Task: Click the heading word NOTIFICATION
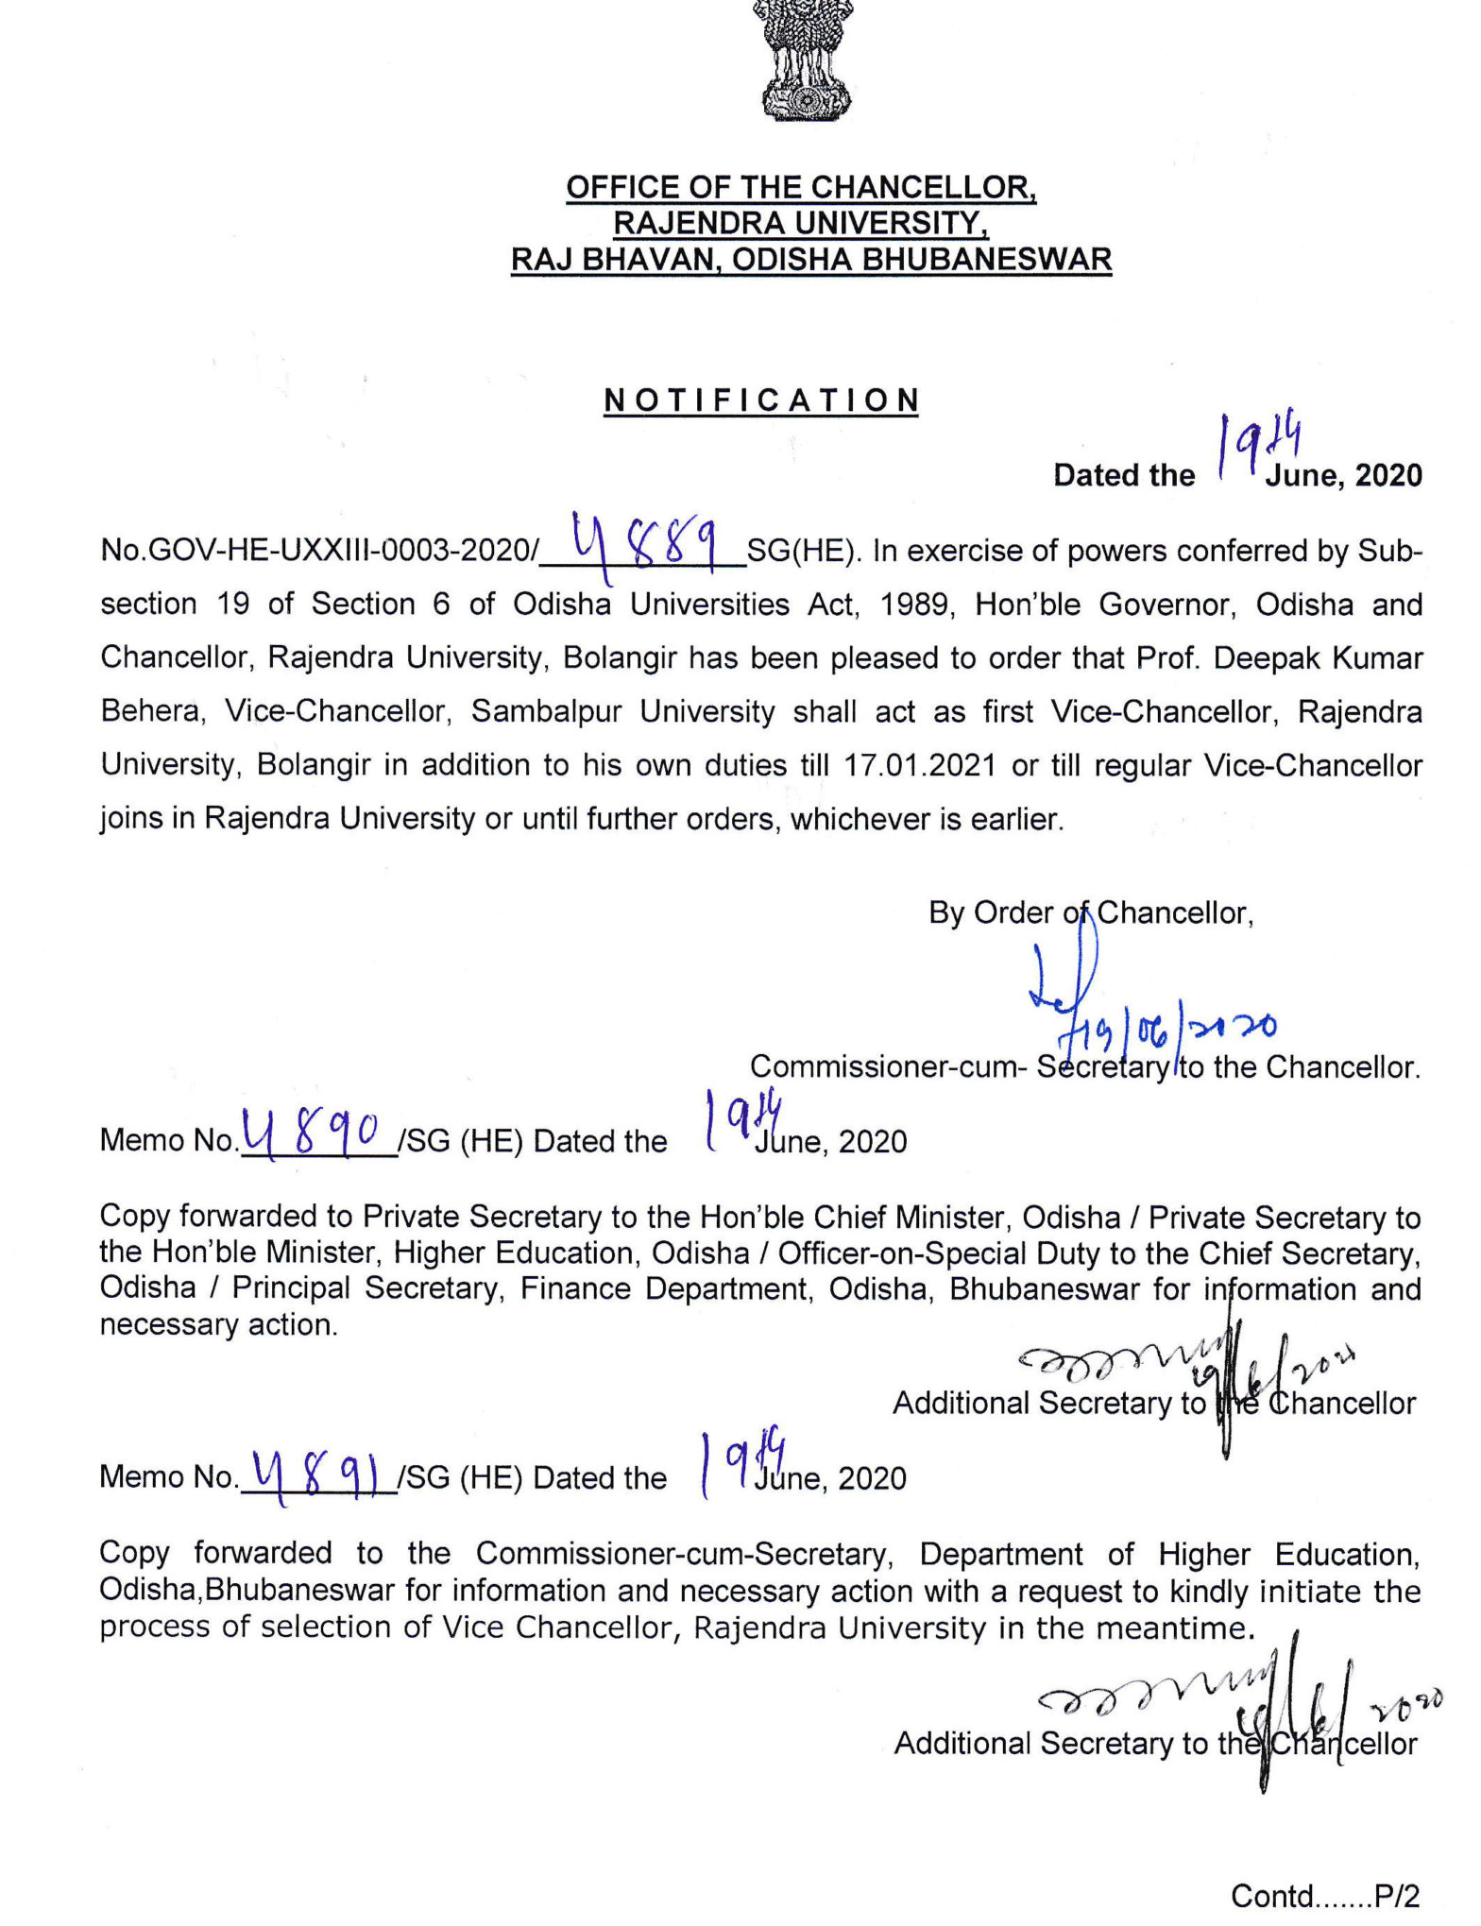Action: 760,401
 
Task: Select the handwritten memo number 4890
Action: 313,1133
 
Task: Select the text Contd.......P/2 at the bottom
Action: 1324,1895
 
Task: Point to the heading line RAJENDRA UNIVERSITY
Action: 801,223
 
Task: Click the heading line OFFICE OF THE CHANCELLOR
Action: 801,187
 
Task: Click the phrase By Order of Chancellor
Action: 1091,912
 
